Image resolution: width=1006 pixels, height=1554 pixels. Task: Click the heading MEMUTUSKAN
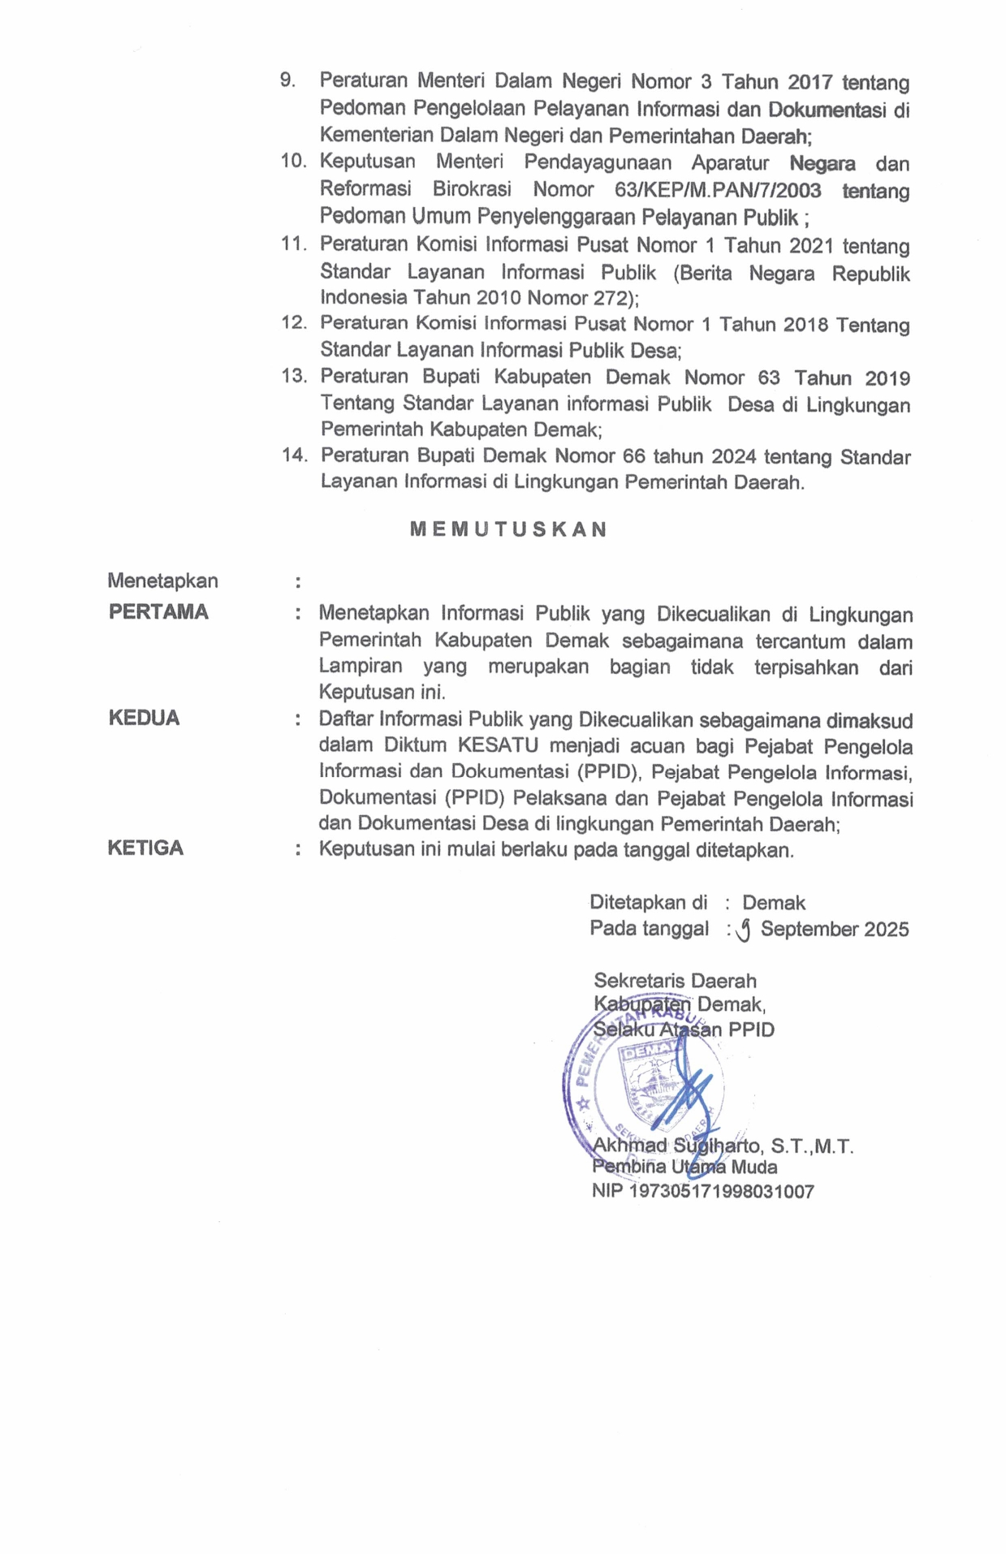click(x=508, y=529)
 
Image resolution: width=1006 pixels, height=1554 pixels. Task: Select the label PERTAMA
click(x=158, y=611)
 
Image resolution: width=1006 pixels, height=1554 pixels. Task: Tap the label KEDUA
click(x=144, y=718)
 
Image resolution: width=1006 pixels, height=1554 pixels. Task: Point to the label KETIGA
click(x=145, y=848)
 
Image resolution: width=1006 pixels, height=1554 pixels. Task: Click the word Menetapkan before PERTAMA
click(x=162, y=581)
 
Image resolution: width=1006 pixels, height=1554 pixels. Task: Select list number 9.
click(x=287, y=80)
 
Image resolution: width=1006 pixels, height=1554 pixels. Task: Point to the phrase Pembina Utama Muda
click(x=684, y=1167)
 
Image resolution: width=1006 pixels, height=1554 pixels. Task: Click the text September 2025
click(x=834, y=929)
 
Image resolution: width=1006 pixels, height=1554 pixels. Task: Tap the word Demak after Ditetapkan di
click(x=773, y=902)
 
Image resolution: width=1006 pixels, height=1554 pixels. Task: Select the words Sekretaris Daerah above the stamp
click(x=675, y=980)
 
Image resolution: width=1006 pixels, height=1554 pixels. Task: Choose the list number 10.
click(x=294, y=161)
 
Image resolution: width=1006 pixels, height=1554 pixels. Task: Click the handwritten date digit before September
click(x=742, y=930)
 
